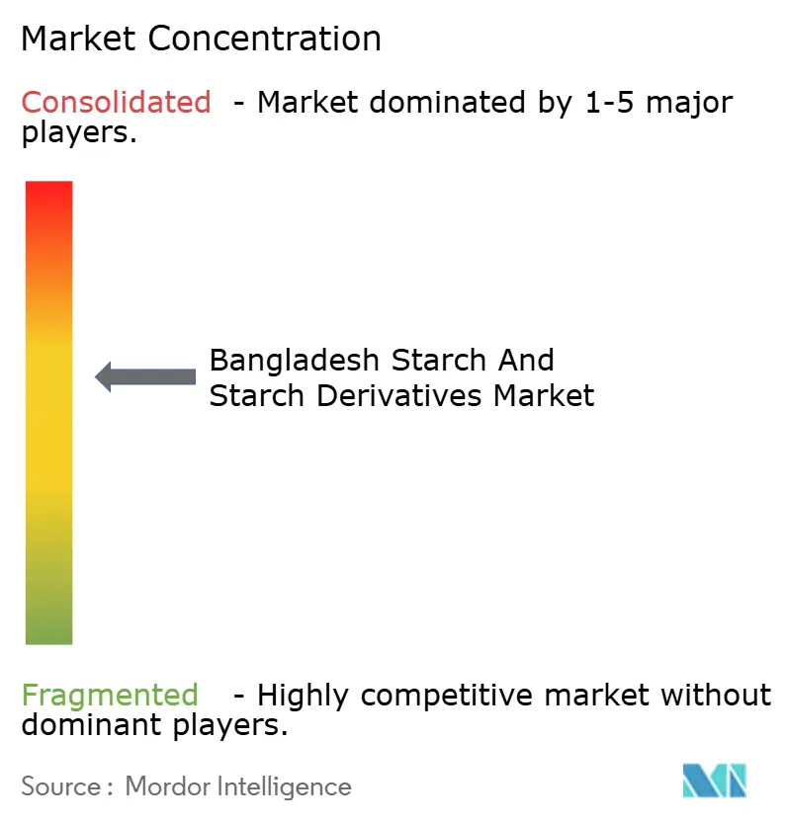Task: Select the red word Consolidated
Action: (x=116, y=102)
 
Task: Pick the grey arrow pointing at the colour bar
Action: (x=145, y=376)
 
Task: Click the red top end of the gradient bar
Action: (x=48, y=193)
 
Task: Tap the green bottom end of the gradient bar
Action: (x=48, y=632)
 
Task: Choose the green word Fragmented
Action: (x=109, y=696)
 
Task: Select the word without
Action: (x=716, y=696)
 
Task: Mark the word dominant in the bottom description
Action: (x=87, y=727)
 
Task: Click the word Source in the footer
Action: (x=60, y=786)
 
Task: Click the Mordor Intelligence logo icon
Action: (x=714, y=782)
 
